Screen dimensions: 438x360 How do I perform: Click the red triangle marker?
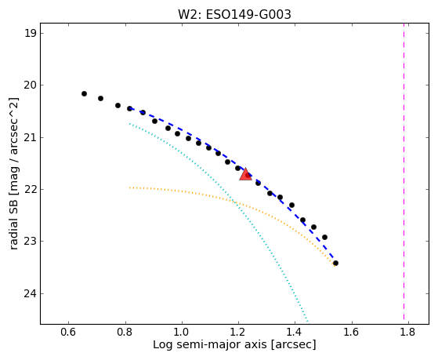point(245,175)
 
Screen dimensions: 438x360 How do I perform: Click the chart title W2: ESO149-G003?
point(234,15)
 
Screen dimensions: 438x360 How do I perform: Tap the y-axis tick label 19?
point(31,33)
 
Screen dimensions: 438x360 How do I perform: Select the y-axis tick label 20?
point(31,85)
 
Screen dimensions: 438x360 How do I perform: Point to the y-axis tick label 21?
point(31,137)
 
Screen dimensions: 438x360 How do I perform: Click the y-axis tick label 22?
point(31,189)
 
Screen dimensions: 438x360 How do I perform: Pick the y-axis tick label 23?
point(31,241)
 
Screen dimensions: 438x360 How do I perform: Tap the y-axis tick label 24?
point(31,293)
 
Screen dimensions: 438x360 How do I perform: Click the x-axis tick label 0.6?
point(68,332)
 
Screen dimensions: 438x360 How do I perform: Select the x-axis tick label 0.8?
point(125,332)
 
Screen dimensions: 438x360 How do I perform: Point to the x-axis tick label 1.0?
point(182,332)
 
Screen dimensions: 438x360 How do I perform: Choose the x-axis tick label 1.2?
point(238,332)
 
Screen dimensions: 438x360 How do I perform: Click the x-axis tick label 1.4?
point(295,332)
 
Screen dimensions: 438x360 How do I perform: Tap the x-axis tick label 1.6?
point(352,332)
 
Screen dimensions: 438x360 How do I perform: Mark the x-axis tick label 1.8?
point(408,332)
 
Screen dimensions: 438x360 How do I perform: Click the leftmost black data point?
point(84,93)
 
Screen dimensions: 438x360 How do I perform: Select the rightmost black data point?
point(336,264)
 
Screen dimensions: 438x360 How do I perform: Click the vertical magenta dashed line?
point(404,173)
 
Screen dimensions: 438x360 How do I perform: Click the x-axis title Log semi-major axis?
point(210,345)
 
